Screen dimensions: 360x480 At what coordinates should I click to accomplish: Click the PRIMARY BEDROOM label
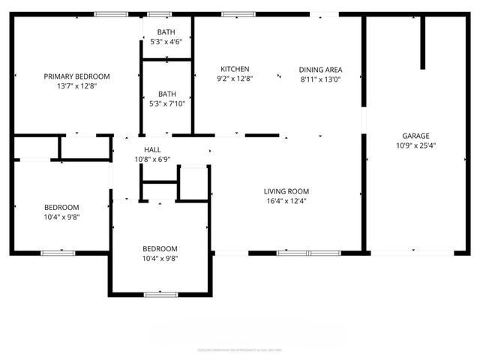[76, 76]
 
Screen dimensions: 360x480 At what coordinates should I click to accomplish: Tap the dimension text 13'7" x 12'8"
[76, 86]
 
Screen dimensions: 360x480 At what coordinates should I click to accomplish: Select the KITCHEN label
[235, 69]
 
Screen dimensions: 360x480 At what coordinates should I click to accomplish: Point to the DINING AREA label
[320, 69]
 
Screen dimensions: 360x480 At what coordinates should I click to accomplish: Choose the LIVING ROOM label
[286, 191]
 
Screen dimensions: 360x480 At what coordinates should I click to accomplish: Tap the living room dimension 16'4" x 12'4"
[286, 201]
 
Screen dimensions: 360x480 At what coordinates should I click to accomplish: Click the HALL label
[152, 150]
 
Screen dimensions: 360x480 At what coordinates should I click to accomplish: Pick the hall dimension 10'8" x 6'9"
[152, 159]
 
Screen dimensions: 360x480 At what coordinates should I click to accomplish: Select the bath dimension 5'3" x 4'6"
[166, 42]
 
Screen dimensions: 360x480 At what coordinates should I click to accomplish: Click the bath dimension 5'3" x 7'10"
[166, 103]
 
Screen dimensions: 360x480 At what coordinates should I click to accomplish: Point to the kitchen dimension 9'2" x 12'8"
[235, 79]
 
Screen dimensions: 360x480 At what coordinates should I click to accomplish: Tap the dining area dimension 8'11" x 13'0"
[320, 79]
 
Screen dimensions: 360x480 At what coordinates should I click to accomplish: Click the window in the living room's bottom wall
[309, 253]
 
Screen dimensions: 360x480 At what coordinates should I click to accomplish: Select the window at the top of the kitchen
[238, 13]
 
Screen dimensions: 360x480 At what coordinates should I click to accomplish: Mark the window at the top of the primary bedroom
[110, 13]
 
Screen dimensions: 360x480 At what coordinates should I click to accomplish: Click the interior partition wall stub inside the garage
[423, 41]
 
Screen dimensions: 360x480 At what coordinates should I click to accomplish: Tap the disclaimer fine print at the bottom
[240, 349]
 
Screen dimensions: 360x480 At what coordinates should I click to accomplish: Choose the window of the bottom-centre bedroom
[160, 295]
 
